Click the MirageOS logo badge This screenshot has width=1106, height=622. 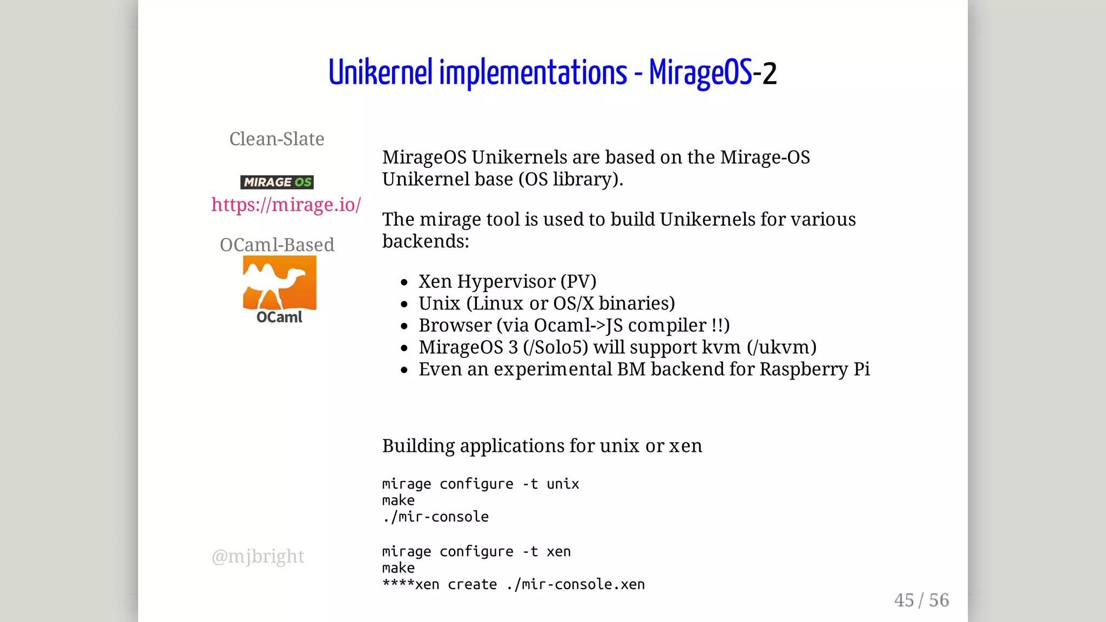pos(277,182)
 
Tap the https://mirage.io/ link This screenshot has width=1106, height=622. pos(286,205)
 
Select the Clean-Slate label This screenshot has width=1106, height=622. pos(276,139)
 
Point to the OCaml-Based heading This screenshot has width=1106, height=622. pos(276,245)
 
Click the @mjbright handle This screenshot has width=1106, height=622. pos(258,556)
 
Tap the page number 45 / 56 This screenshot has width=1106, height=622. pos(921,600)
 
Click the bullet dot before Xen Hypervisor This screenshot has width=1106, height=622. pos(404,282)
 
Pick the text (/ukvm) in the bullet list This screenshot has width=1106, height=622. pos(781,347)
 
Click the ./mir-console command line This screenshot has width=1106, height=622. pos(435,517)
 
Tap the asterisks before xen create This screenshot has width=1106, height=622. pos(398,583)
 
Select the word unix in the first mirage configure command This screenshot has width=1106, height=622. pos(563,484)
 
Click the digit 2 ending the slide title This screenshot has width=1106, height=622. pos(769,73)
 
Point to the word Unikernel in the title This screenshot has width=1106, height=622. pos(380,72)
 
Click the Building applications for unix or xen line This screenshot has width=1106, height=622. pos(542,446)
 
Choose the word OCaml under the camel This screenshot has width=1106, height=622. pos(279,317)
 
